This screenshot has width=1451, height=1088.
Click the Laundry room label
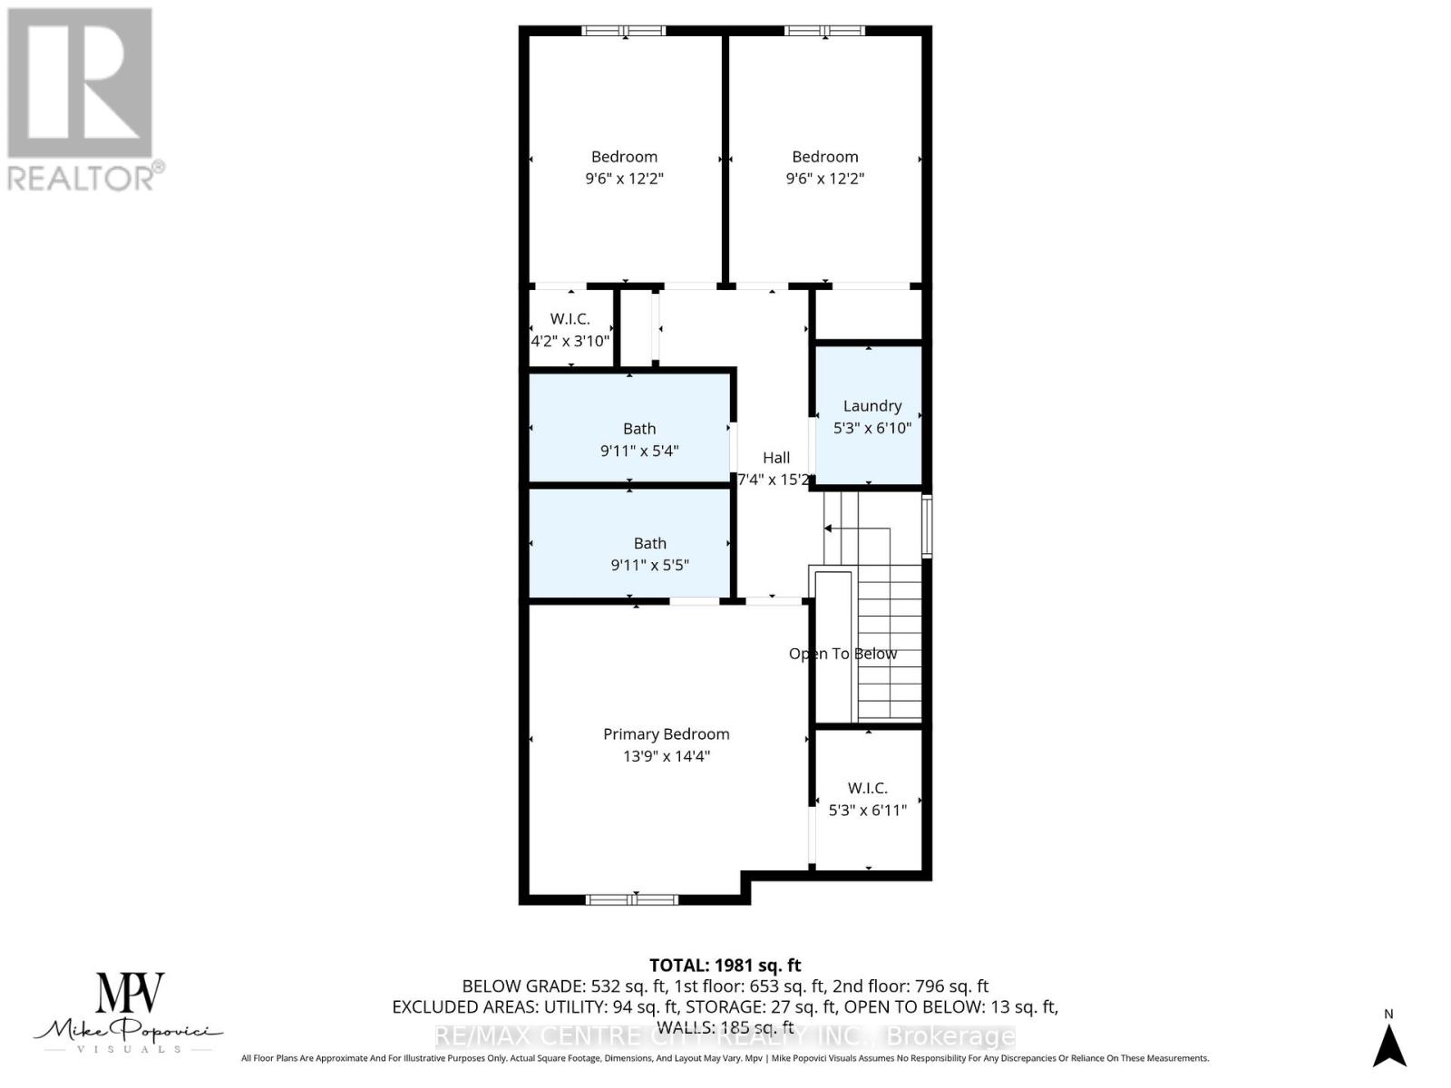pyautogui.click(x=872, y=406)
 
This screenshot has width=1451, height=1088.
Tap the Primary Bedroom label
pyautogui.click(x=666, y=734)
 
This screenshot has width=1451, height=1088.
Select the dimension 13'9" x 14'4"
pyautogui.click(x=666, y=756)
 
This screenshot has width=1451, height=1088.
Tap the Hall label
pyautogui.click(x=775, y=458)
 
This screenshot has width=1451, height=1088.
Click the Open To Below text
pyautogui.click(x=842, y=654)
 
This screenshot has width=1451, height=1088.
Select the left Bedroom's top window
pyautogui.click(x=624, y=32)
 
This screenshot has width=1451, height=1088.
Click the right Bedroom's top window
pyautogui.click(x=824, y=32)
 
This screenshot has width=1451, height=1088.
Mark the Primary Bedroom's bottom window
pyautogui.click(x=632, y=899)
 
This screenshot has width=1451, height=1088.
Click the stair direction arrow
pyautogui.click(x=827, y=529)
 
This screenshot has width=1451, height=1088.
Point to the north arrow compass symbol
pyautogui.click(x=1388, y=1044)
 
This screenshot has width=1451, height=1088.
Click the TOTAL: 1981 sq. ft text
pyautogui.click(x=725, y=966)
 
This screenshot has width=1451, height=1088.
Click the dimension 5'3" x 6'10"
pyautogui.click(x=872, y=428)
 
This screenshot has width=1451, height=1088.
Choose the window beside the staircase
pyautogui.click(x=926, y=525)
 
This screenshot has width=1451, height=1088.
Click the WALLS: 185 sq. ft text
pyautogui.click(x=725, y=1027)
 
